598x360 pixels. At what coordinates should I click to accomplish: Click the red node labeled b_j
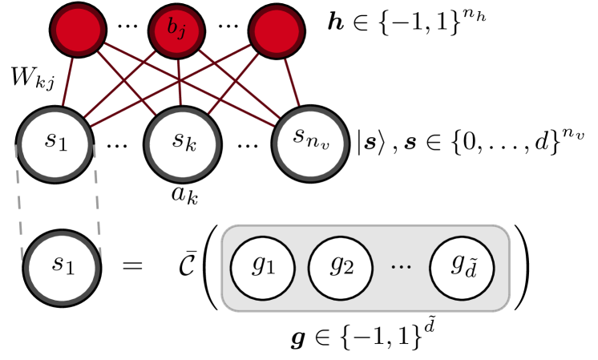point(176,31)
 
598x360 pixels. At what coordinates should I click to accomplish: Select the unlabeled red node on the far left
point(78,30)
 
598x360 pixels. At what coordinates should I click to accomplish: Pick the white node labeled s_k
point(183,143)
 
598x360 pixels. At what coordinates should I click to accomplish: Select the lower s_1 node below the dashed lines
point(62,267)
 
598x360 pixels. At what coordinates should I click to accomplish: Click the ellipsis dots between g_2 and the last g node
point(401,265)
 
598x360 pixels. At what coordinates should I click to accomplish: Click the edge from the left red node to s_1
point(69,80)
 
